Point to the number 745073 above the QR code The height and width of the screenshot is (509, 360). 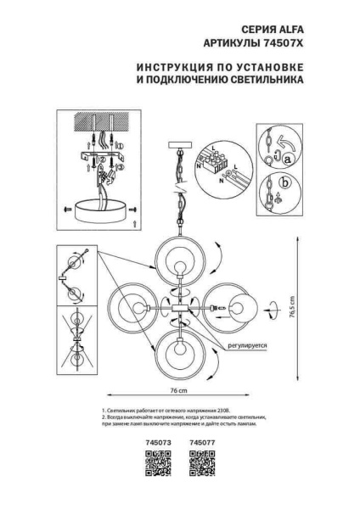pyautogui.click(x=158, y=443)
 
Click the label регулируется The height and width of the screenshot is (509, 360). pyautogui.click(x=247, y=346)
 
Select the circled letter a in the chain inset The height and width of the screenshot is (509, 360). pyautogui.click(x=288, y=159)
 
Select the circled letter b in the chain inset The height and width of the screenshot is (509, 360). pyautogui.click(x=285, y=183)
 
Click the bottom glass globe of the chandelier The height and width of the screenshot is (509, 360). pyautogui.click(x=180, y=357)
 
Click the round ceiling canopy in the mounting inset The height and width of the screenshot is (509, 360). pyautogui.click(x=104, y=209)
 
